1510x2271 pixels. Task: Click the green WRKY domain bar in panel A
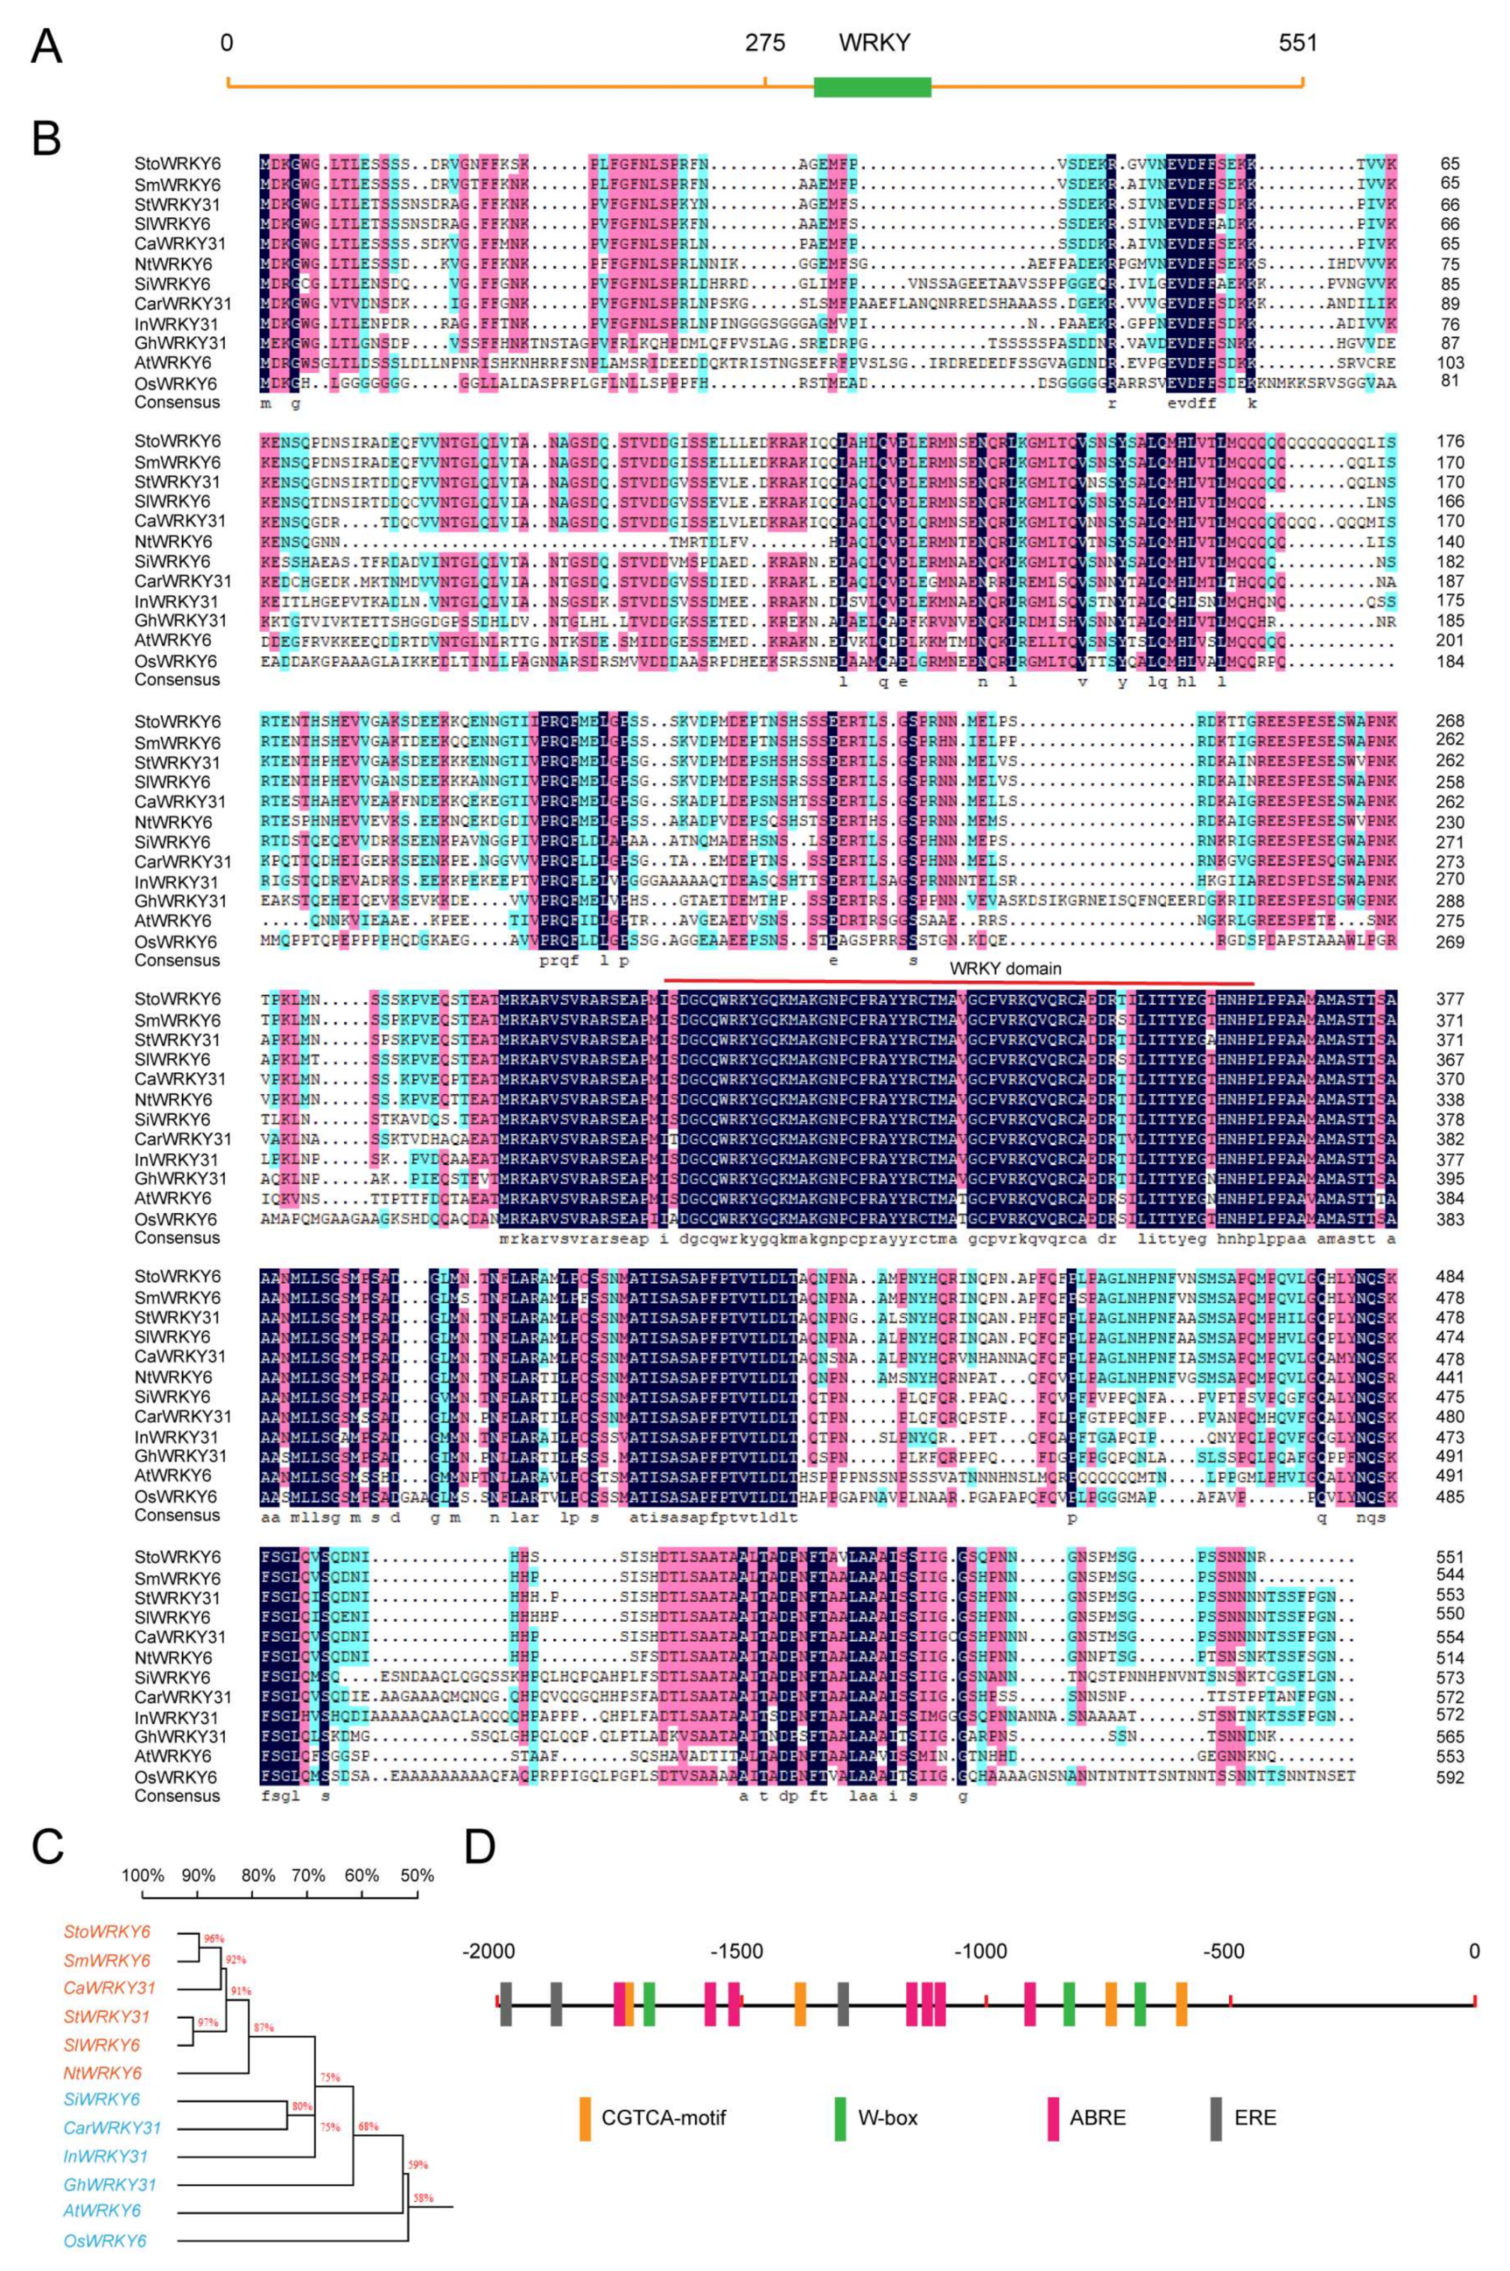pyautogui.click(x=872, y=86)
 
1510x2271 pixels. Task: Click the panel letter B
pyautogui.click(x=46, y=139)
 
